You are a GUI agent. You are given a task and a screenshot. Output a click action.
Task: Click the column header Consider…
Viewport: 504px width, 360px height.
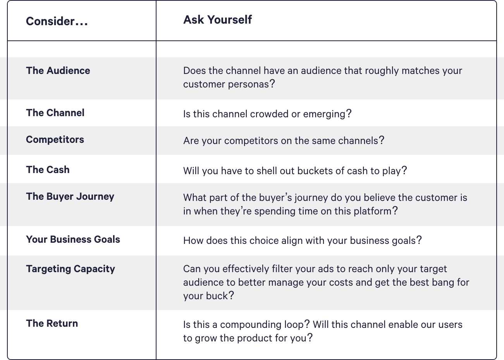[57, 21]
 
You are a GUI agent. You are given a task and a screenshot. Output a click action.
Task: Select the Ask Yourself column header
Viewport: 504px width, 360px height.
[217, 20]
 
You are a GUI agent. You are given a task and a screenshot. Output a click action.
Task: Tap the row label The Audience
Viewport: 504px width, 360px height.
[58, 70]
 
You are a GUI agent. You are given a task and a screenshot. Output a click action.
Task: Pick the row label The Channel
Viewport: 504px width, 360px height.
[55, 113]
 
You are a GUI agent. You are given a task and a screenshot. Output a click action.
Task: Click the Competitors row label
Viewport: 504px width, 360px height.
[55, 140]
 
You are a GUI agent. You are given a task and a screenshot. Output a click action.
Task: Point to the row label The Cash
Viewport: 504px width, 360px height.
[48, 170]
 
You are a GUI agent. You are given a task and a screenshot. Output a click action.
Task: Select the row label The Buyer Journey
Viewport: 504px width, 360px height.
[70, 197]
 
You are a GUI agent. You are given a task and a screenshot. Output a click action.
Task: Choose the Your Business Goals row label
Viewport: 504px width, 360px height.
[73, 240]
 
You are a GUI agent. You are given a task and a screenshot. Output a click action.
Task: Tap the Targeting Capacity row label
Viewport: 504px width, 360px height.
[71, 269]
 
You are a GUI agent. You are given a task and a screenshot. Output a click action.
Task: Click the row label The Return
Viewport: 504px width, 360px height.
[52, 324]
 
